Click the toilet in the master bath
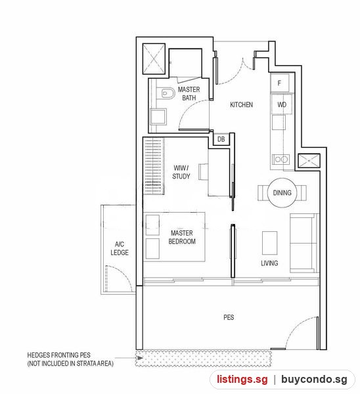pos(168,93)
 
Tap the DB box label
pos(221,139)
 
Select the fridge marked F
pos(280,83)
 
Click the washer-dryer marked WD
pos(282,104)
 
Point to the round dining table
pos(282,193)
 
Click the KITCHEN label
pos(241,104)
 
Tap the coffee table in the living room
pos(270,243)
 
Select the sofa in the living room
pos(304,243)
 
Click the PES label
pos(229,317)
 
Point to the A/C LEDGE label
pos(120,248)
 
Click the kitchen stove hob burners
pos(281,160)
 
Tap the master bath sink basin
pos(158,117)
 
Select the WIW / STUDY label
pos(181,172)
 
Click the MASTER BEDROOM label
pos(182,237)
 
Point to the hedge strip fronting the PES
pos(204,359)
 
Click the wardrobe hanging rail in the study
pos(154,166)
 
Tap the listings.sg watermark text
pos(242,379)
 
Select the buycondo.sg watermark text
pos(314,380)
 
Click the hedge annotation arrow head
pos(141,358)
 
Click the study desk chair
pos(204,171)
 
